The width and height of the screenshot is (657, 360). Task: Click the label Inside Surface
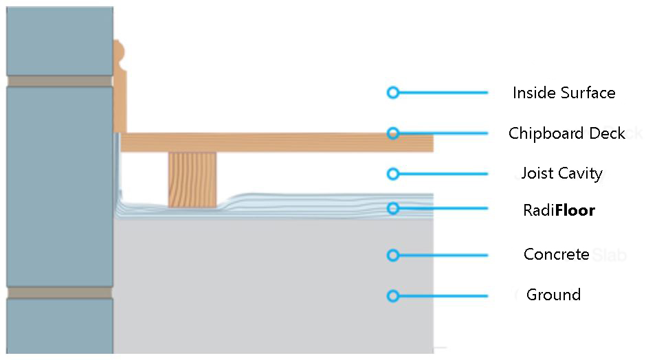pyautogui.click(x=564, y=93)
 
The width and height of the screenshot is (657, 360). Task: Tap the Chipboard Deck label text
pyautogui.click(x=566, y=133)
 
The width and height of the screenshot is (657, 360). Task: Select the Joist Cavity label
pyautogui.click(x=561, y=173)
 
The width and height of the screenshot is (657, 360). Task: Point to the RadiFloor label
pyautogui.click(x=559, y=210)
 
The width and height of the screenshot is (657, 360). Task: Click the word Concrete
pyautogui.click(x=557, y=254)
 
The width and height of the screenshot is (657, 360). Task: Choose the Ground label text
pyautogui.click(x=553, y=295)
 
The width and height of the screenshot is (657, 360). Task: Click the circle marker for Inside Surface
pyautogui.click(x=392, y=93)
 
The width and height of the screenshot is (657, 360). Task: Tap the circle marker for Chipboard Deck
pyautogui.click(x=392, y=133)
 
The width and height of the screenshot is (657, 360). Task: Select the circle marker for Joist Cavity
pyautogui.click(x=392, y=174)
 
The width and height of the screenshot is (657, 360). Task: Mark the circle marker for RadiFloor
pyautogui.click(x=392, y=208)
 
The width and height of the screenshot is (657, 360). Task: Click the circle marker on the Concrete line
pyautogui.click(x=392, y=255)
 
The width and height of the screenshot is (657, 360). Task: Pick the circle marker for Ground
pyautogui.click(x=392, y=296)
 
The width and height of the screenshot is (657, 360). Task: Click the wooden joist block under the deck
pyautogui.click(x=192, y=180)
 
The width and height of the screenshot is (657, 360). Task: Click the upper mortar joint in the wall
pyautogui.click(x=60, y=81)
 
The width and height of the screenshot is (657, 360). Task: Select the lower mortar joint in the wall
pyautogui.click(x=60, y=293)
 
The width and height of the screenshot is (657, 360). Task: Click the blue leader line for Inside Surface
pyautogui.click(x=443, y=93)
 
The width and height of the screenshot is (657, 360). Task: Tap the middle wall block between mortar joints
pyautogui.click(x=60, y=187)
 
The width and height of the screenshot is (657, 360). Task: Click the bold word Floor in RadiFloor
pyautogui.click(x=575, y=210)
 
